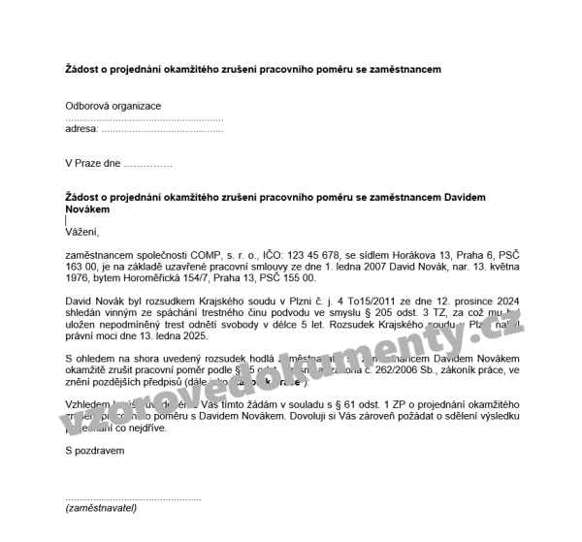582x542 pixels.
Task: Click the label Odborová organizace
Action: coord(113,106)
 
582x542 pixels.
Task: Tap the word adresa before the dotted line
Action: coord(81,128)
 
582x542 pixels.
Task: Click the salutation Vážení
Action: coord(82,232)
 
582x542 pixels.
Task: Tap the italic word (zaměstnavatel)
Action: coord(101,507)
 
